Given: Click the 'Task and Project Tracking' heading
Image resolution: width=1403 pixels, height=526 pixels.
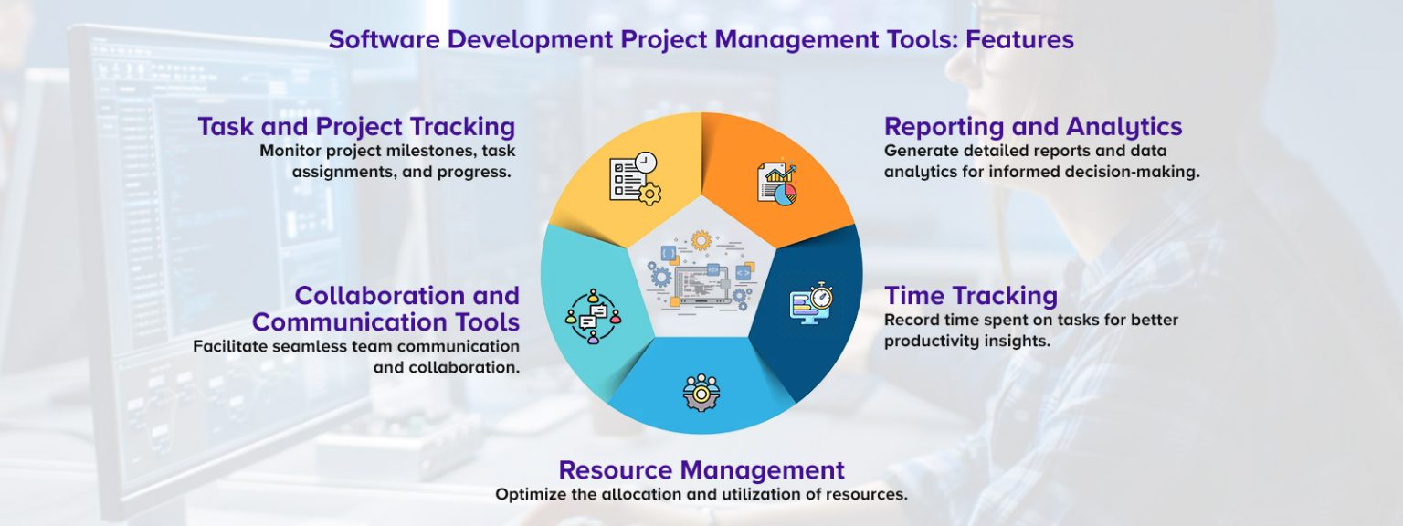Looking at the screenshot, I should tap(356, 126).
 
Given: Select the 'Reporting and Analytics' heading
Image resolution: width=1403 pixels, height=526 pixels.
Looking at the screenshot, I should tap(1033, 126).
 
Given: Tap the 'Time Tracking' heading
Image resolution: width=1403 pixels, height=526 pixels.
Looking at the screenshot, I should tap(970, 296).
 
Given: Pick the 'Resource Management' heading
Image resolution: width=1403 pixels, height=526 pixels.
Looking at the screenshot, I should tap(701, 470).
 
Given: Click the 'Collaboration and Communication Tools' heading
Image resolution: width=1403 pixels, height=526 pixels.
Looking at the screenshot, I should tap(386, 309).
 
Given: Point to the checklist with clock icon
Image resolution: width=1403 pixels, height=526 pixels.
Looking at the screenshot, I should tap(635, 178).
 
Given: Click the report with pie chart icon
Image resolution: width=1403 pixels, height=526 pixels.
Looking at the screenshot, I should tap(776, 183).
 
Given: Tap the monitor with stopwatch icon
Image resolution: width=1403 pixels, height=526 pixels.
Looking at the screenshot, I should tap(811, 302).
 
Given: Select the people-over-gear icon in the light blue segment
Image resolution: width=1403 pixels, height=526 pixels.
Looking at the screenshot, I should tap(701, 392).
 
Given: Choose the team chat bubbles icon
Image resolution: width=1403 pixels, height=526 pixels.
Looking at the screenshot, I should tap(592, 316).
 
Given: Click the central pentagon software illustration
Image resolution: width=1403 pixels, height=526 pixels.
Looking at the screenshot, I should tap(701, 271).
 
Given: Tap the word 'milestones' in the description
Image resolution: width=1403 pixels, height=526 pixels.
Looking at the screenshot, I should tap(411, 151).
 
